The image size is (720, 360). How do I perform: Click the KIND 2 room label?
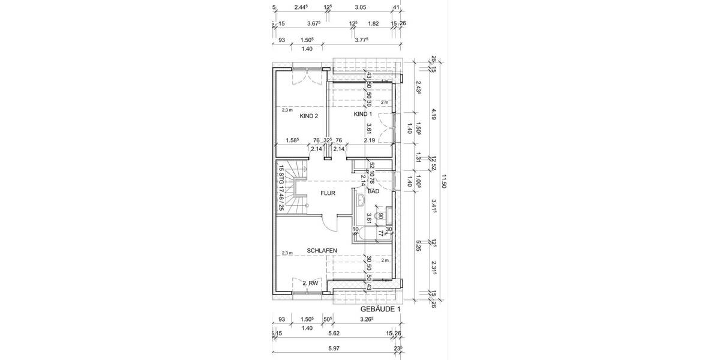point(308,116)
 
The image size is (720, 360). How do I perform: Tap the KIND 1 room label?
point(363,114)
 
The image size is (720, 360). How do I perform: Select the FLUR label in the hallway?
point(328,193)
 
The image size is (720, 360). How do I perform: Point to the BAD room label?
point(373,191)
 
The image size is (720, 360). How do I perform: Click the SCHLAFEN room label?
point(322,250)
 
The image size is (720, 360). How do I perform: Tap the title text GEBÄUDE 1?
point(379,309)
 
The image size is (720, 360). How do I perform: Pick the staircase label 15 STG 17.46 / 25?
point(280,188)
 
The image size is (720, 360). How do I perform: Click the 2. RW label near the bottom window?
point(310,282)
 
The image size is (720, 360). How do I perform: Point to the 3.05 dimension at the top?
point(360,7)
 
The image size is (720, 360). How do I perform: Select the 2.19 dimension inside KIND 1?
point(370,140)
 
